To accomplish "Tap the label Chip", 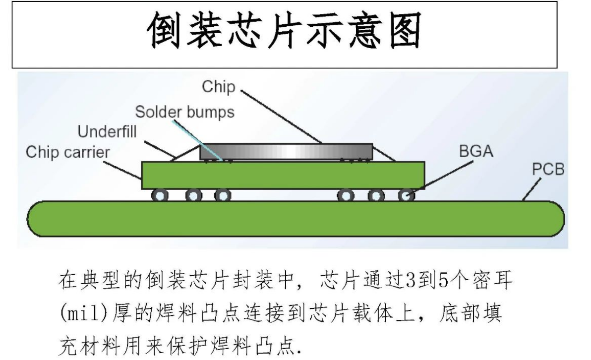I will pos(218,87).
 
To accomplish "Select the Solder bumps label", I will pos(184,112).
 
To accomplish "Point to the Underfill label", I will pos(107,132).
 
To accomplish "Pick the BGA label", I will pos(476,152).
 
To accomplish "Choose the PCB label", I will pos(548,170).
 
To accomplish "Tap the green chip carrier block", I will pos(283,175).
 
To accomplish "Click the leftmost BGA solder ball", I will pos(161,195).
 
